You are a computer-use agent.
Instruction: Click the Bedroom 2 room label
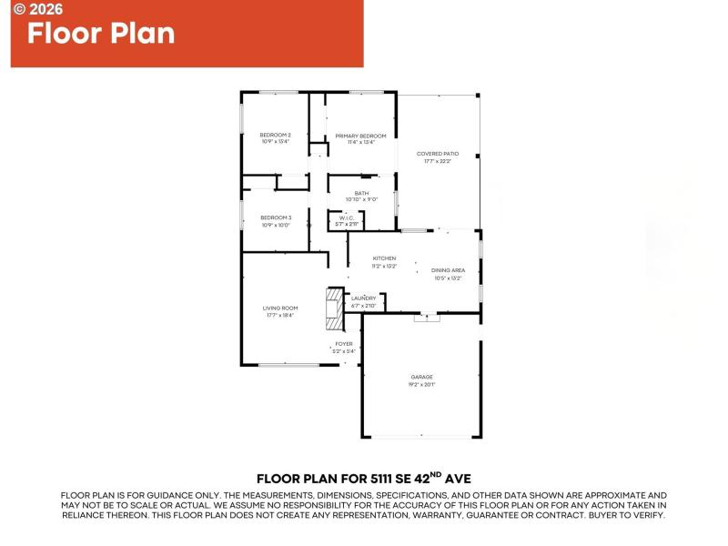click(x=275, y=136)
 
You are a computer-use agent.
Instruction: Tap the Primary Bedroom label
click(x=360, y=136)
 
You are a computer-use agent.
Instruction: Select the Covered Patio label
click(x=438, y=154)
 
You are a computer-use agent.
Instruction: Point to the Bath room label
click(x=361, y=193)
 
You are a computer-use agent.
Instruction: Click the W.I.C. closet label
click(x=347, y=218)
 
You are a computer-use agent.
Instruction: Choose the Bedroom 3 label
click(x=276, y=217)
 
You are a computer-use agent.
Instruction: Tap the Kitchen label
click(x=384, y=258)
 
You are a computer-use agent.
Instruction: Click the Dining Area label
click(x=448, y=270)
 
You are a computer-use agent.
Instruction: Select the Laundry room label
click(x=364, y=298)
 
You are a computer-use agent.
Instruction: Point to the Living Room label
click(x=280, y=308)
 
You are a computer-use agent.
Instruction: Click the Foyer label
click(x=343, y=344)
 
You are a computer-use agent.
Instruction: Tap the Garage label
click(x=421, y=377)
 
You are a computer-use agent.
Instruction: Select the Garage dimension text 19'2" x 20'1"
click(x=421, y=385)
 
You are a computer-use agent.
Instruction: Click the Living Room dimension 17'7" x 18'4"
click(x=280, y=316)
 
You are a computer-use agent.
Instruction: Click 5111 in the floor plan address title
click(x=386, y=478)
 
